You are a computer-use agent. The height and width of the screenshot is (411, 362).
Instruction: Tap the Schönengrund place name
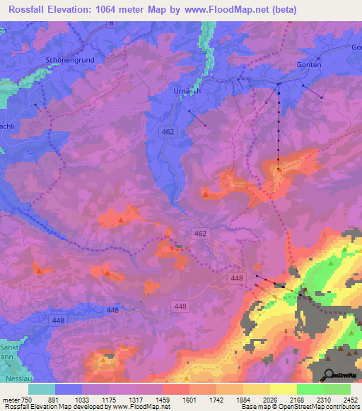click(69, 60)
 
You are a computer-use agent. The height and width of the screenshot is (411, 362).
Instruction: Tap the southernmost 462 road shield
click(200, 233)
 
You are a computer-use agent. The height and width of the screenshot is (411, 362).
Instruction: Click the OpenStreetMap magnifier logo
click(328, 374)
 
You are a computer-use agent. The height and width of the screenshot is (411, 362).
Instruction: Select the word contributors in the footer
click(342, 407)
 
